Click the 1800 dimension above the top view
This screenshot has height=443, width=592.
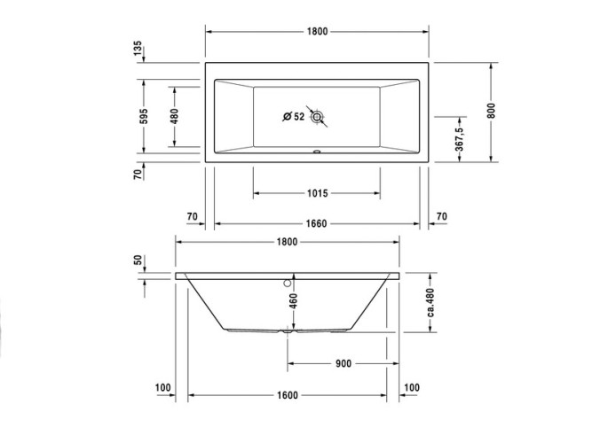pyautogui.click(x=318, y=32)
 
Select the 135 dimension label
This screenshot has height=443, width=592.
pyautogui.click(x=138, y=49)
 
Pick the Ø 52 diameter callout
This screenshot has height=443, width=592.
pyautogui.click(x=293, y=116)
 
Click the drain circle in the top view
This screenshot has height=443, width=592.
pyautogui.click(x=318, y=116)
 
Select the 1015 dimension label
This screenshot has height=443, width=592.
pyautogui.click(x=318, y=193)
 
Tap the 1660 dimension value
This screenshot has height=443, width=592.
pyautogui.click(x=318, y=222)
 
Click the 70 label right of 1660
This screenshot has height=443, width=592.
pyautogui.click(x=441, y=215)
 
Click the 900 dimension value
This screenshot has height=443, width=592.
pyautogui.click(x=343, y=363)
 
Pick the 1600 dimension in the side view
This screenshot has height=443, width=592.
pyautogui.click(x=287, y=396)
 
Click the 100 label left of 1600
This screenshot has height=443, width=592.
pyautogui.click(x=162, y=388)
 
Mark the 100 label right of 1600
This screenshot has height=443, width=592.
pyautogui.click(x=412, y=388)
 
